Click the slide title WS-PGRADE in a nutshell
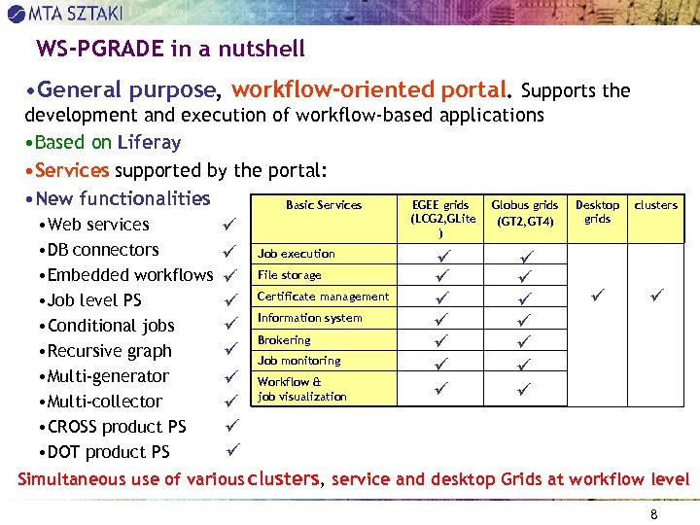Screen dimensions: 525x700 click(x=170, y=49)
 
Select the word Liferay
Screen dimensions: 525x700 click(x=149, y=142)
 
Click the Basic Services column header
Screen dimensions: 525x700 click(x=324, y=205)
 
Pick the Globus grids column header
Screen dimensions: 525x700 click(x=525, y=213)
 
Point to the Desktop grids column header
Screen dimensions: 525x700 click(x=597, y=212)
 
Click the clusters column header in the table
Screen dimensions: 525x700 click(x=656, y=205)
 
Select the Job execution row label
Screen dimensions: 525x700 click(x=297, y=254)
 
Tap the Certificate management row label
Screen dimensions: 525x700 click(x=323, y=297)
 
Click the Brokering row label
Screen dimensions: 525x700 click(x=284, y=340)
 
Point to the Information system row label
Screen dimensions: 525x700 click(x=309, y=318)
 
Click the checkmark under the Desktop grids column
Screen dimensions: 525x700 click(x=596, y=293)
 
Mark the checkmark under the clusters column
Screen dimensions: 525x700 click(x=656, y=293)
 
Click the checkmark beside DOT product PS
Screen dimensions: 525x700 click(x=232, y=449)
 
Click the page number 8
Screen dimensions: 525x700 click(x=653, y=514)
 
